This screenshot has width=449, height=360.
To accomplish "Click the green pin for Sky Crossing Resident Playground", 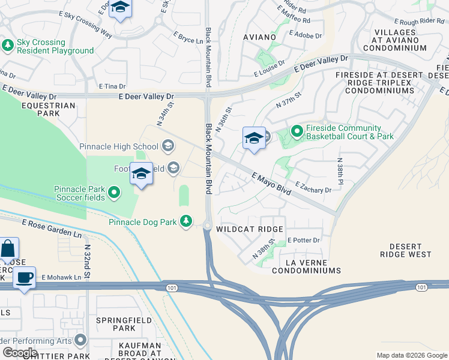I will pyautogui.click(x=8, y=45).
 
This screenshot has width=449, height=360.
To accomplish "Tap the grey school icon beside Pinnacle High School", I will pyautogui.click(x=168, y=146).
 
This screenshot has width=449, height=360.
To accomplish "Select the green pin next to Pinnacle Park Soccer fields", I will pyautogui.click(x=114, y=193).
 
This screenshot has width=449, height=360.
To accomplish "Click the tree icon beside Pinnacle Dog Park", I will pyautogui.click(x=186, y=222).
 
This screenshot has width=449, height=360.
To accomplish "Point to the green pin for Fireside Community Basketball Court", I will pyautogui.click(x=296, y=130).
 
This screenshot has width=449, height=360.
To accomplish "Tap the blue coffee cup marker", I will pyautogui.click(x=24, y=278).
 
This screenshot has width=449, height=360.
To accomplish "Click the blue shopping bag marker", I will pyautogui.click(x=8, y=249).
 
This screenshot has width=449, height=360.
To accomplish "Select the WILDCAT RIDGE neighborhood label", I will pyautogui.click(x=249, y=230).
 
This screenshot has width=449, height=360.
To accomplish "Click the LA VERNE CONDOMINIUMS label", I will pyautogui.click(x=306, y=266).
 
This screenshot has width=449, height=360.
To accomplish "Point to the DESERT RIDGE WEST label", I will pyautogui.click(x=410, y=250).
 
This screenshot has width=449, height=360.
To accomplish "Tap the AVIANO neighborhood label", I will pyautogui.click(x=259, y=37).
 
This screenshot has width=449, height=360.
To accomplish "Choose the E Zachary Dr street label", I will pyautogui.click(x=313, y=190).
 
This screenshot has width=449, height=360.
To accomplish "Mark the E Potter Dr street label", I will pyautogui.click(x=304, y=240).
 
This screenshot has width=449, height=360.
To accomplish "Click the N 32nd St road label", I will pyautogui.click(x=88, y=261).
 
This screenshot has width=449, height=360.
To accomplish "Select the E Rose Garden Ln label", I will pyautogui.click(x=52, y=227).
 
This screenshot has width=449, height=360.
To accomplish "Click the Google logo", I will pyautogui.click(x=20, y=353).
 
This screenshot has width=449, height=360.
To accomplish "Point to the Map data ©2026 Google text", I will pyautogui.click(x=411, y=355).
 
